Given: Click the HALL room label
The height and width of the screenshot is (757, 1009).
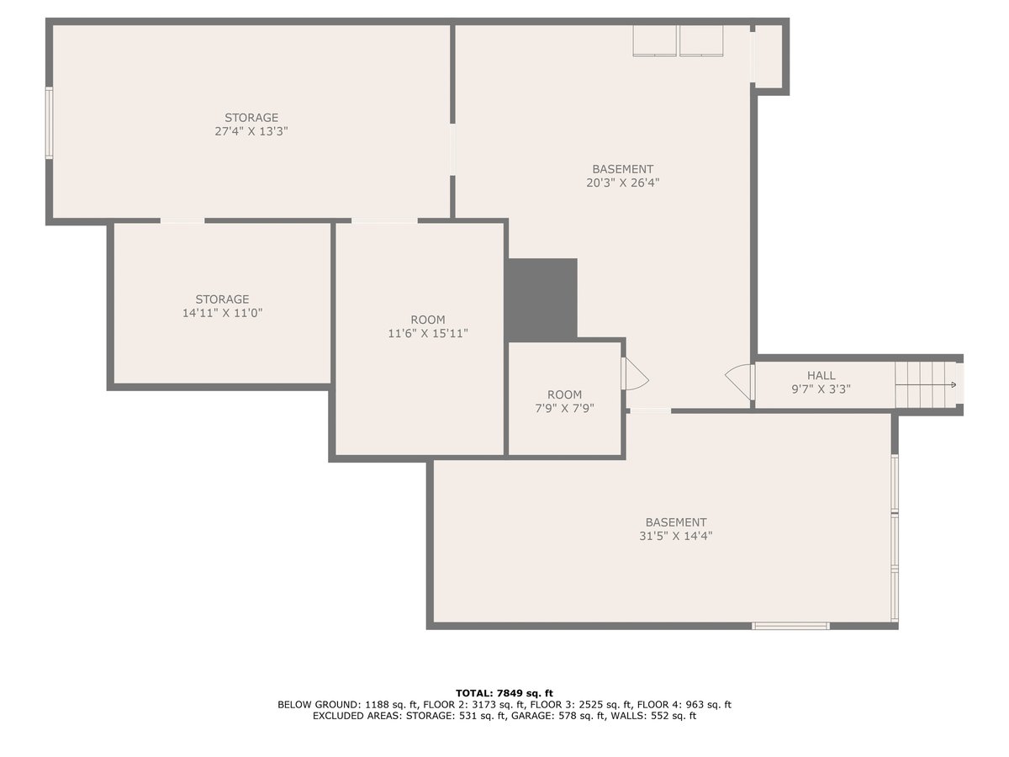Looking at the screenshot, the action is point(821,375).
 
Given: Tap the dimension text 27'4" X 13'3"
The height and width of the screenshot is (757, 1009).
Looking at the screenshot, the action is point(251,131).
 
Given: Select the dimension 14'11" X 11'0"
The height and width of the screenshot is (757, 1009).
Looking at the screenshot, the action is point(223,313).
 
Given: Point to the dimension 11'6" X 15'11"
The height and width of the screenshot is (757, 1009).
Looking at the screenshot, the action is point(428,333).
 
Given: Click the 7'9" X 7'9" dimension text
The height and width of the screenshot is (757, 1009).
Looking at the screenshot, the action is point(564,408).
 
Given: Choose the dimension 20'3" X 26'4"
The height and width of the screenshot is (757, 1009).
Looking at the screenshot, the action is point(623,183).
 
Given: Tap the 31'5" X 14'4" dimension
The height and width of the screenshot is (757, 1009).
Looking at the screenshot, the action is point(676,536).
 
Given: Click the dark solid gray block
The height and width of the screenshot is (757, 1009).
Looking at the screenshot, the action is point(542,300).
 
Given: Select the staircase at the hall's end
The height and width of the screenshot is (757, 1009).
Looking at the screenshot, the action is point(926,384).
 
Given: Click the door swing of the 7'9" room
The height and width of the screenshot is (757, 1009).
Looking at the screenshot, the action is point(635,373).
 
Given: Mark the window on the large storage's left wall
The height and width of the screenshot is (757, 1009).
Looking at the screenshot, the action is point(49,123).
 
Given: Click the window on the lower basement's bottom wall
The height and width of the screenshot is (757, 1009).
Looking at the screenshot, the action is point(790,626).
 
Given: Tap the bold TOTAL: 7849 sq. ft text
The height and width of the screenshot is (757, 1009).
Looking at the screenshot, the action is point(504,693).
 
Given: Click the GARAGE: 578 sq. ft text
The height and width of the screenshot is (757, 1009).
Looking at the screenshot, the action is point(558,716).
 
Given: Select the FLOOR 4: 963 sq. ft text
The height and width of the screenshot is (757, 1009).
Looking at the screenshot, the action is point(684,705).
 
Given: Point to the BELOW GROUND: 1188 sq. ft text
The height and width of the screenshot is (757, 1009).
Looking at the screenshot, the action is point(348,705).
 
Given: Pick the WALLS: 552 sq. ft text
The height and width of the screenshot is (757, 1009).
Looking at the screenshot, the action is point(653,716).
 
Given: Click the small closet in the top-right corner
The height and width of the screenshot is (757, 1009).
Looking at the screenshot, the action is point(769,56).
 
